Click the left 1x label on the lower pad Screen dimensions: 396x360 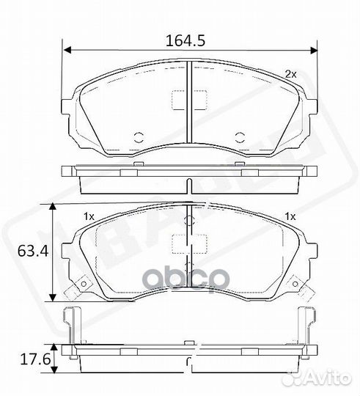click(x=89, y=216)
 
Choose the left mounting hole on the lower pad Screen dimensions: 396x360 click(x=83, y=285)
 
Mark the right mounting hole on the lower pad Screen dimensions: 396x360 click(x=297, y=285)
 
